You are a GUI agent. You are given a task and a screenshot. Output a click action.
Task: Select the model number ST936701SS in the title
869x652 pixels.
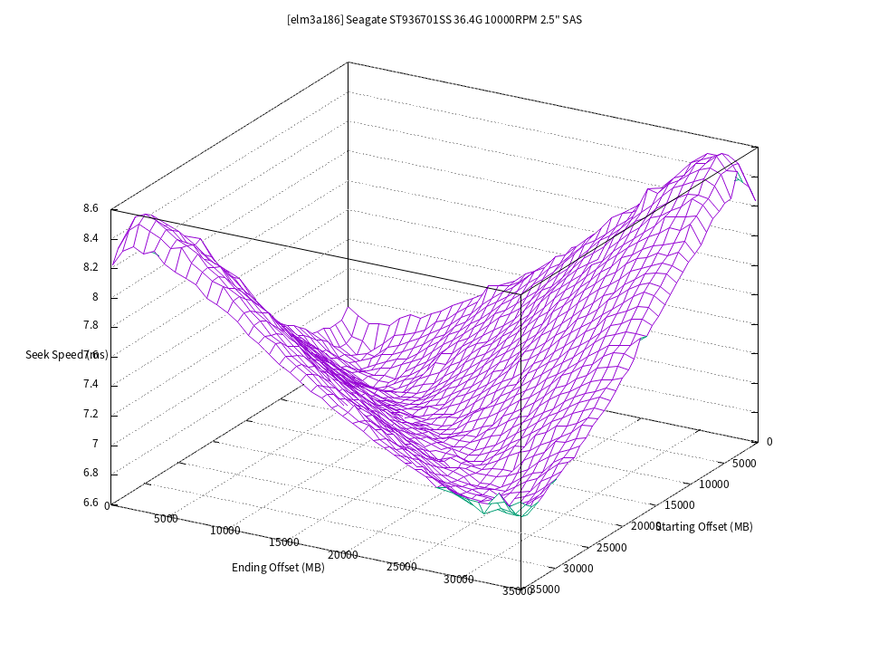[x=422, y=20]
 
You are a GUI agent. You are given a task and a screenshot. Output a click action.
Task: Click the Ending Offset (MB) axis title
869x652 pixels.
[x=278, y=568]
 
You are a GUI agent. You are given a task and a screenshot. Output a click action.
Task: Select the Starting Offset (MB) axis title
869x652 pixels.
[x=704, y=526]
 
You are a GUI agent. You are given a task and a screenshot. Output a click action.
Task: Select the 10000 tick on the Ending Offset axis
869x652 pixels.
[x=225, y=531]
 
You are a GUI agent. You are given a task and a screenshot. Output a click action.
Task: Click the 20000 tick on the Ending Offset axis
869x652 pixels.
[x=343, y=555]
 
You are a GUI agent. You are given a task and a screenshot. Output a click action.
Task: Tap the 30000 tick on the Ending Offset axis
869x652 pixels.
[x=460, y=580]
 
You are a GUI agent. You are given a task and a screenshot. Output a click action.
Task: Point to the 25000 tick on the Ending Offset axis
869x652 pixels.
[x=402, y=567]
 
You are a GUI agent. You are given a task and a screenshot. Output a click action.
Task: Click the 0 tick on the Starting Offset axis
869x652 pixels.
[x=769, y=442]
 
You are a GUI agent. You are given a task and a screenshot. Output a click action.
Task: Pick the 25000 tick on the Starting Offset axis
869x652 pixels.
[x=612, y=547]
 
